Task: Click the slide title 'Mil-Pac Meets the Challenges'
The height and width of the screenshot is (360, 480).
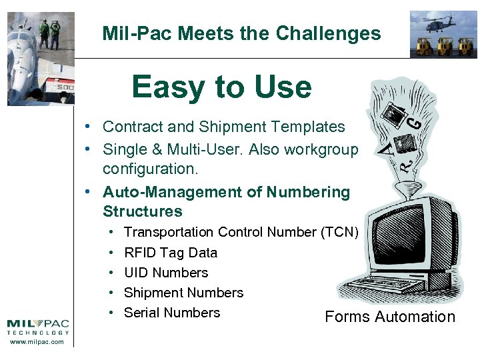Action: (x=241, y=33)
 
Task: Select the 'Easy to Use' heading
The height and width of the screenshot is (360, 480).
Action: (x=221, y=87)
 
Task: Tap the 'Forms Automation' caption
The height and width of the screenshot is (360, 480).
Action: (x=390, y=317)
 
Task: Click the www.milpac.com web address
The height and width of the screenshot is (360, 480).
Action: (x=37, y=342)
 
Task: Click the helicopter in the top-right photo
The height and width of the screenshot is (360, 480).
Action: (x=444, y=23)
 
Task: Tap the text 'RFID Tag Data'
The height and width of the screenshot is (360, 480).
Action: (x=171, y=253)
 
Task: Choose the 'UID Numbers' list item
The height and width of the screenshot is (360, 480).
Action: (x=166, y=273)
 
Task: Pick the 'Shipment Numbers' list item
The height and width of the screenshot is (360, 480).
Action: (x=183, y=293)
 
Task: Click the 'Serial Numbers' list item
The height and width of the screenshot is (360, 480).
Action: (x=172, y=313)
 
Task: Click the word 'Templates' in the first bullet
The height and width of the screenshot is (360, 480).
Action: (x=313, y=127)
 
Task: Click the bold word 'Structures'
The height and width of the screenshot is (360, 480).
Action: (x=142, y=211)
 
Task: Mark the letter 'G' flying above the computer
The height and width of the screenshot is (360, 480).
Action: (x=414, y=122)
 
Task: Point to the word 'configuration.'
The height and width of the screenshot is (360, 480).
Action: (x=141, y=169)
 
